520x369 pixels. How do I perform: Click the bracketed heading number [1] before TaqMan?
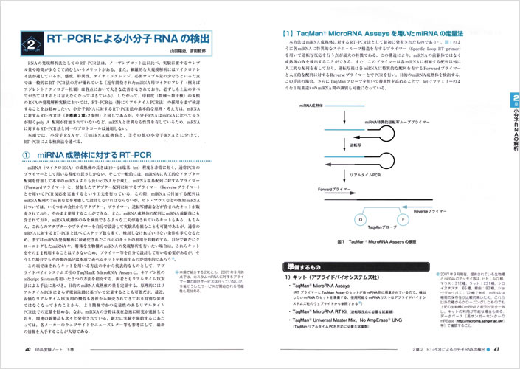pyautogui.click(x=281, y=33)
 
